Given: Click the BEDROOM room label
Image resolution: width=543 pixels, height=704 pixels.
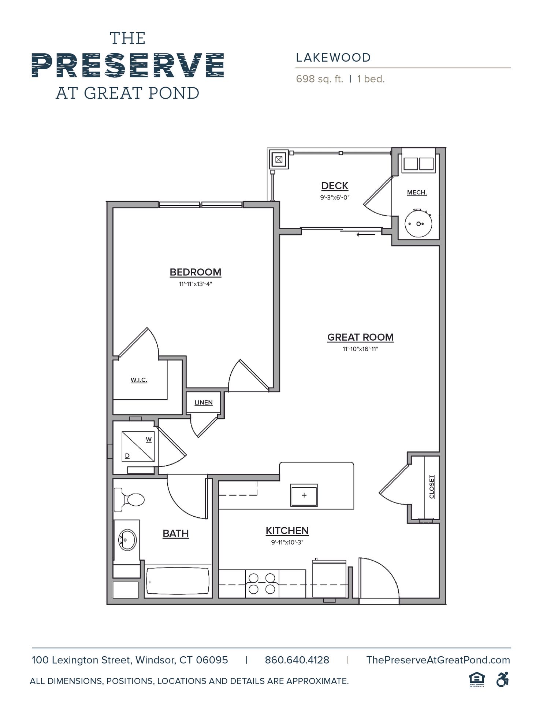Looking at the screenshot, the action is pyautogui.click(x=195, y=272).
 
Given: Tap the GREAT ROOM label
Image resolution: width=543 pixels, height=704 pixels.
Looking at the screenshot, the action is pyautogui.click(x=360, y=337).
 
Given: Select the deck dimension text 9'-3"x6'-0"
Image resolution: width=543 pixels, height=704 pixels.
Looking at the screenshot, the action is pyautogui.click(x=335, y=197).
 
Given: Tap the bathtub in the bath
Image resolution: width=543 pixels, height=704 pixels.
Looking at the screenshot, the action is pyautogui.click(x=178, y=582).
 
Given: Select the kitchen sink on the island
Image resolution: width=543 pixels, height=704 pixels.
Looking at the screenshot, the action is pyautogui.click(x=304, y=495).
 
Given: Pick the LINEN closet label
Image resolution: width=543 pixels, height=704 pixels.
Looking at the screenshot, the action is pyautogui.click(x=204, y=403).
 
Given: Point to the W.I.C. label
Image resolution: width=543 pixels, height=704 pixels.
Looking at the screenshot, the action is pyautogui.click(x=139, y=380).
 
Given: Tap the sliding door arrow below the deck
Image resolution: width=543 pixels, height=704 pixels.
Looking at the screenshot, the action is pyautogui.click(x=366, y=234).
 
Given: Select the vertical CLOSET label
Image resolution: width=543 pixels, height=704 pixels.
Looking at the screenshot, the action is pyautogui.click(x=432, y=487).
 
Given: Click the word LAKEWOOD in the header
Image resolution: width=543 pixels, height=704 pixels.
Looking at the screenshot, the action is pyautogui.click(x=334, y=58).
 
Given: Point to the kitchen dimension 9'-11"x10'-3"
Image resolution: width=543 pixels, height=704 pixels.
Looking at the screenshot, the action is pyautogui.click(x=287, y=542).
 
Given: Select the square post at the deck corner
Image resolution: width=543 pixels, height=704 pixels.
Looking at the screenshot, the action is pyautogui.click(x=279, y=159).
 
